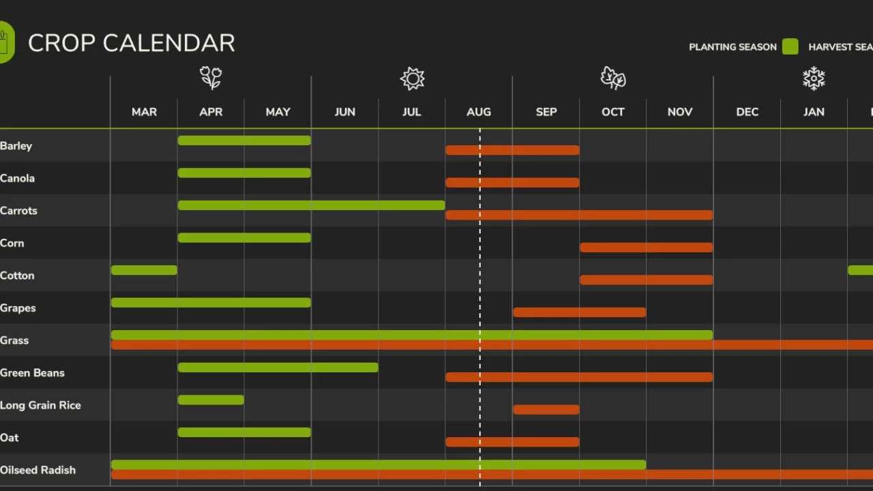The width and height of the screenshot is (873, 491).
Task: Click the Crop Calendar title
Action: (131, 43)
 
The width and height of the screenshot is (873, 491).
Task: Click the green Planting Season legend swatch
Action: (790, 46)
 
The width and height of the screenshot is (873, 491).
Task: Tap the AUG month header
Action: (478, 112)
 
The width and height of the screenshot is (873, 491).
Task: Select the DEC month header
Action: (747, 112)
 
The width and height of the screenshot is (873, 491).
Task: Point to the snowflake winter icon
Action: (814, 78)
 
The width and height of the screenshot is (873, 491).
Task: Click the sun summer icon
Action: (412, 78)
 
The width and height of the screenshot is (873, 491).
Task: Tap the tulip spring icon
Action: (211, 78)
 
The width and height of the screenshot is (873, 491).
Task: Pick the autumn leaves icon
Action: (613, 78)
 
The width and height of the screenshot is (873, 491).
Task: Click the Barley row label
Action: (16, 145)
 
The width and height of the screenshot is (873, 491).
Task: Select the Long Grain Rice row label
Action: (40, 405)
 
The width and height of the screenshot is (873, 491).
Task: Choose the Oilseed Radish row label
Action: (38, 470)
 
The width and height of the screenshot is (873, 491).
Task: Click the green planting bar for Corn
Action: (244, 237)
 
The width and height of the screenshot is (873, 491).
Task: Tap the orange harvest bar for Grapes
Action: (579, 312)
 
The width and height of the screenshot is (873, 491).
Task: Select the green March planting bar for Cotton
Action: (144, 270)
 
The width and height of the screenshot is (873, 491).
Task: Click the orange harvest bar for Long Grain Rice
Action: (546, 409)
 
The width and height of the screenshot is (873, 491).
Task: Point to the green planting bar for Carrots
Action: (311, 205)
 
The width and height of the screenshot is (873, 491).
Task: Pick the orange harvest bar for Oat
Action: (512, 442)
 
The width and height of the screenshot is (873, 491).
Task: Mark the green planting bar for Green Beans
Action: (278, 368)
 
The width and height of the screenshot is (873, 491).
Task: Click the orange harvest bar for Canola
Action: (512, 183)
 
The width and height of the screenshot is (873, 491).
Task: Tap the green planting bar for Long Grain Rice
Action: (211, 400)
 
